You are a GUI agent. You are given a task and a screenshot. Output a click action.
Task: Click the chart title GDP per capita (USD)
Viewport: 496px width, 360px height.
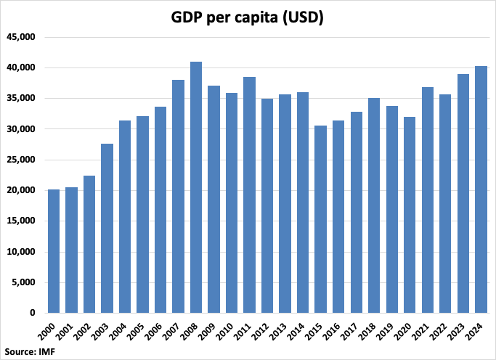tap(248, 17)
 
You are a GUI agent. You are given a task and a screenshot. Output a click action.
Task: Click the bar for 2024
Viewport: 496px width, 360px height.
tap(481, 189)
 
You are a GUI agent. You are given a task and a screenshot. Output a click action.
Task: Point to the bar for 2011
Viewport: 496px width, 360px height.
tap(249, 195)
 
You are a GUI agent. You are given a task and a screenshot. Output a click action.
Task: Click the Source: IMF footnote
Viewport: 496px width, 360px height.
tap(29, 352)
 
